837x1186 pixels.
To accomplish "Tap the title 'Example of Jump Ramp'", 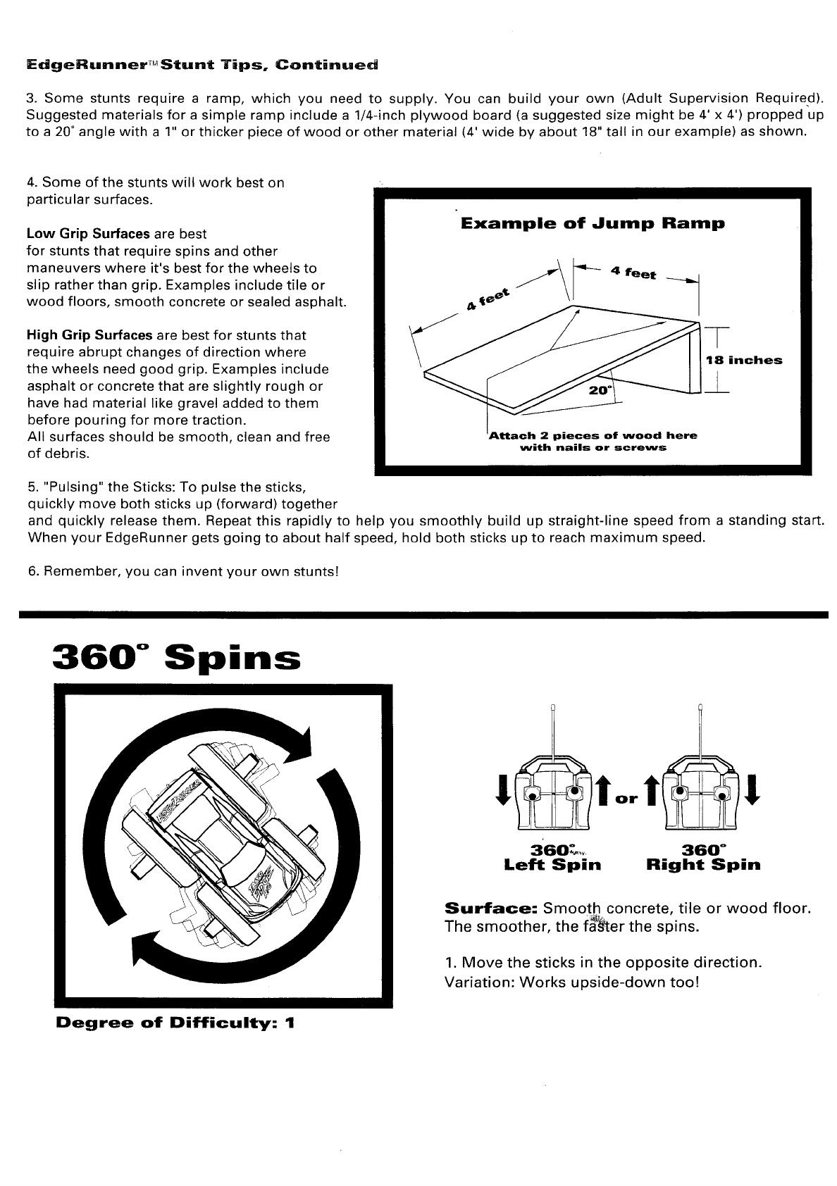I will point(593,224).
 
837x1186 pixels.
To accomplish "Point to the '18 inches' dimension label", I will point(743,360).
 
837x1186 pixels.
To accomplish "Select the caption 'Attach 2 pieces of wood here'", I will point(593,435).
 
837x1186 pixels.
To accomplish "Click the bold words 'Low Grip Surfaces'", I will point(87,234).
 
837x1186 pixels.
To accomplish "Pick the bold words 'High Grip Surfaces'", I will point(89,335).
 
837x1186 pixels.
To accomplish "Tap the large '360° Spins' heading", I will point(177,658).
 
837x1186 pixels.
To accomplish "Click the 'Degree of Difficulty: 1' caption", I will point(175,1022).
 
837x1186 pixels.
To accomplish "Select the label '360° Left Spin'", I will point(552,858).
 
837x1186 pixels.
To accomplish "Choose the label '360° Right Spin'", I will point(703,858).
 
